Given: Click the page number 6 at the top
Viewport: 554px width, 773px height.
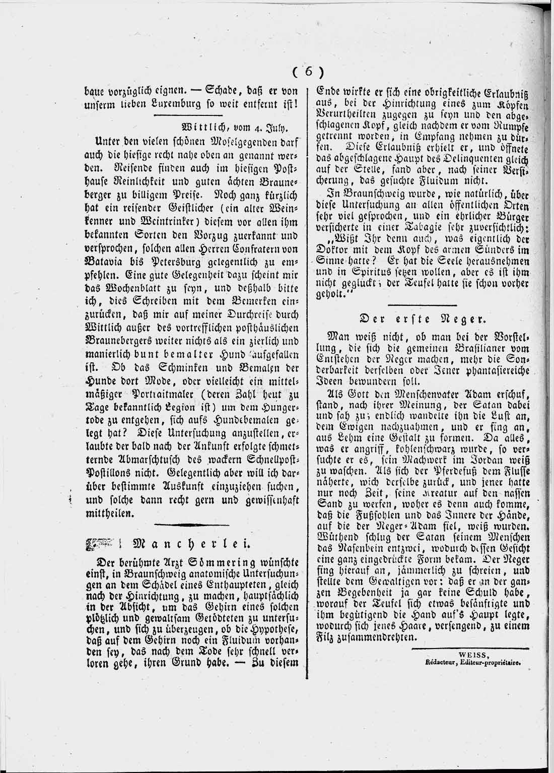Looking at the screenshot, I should [308, 72].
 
